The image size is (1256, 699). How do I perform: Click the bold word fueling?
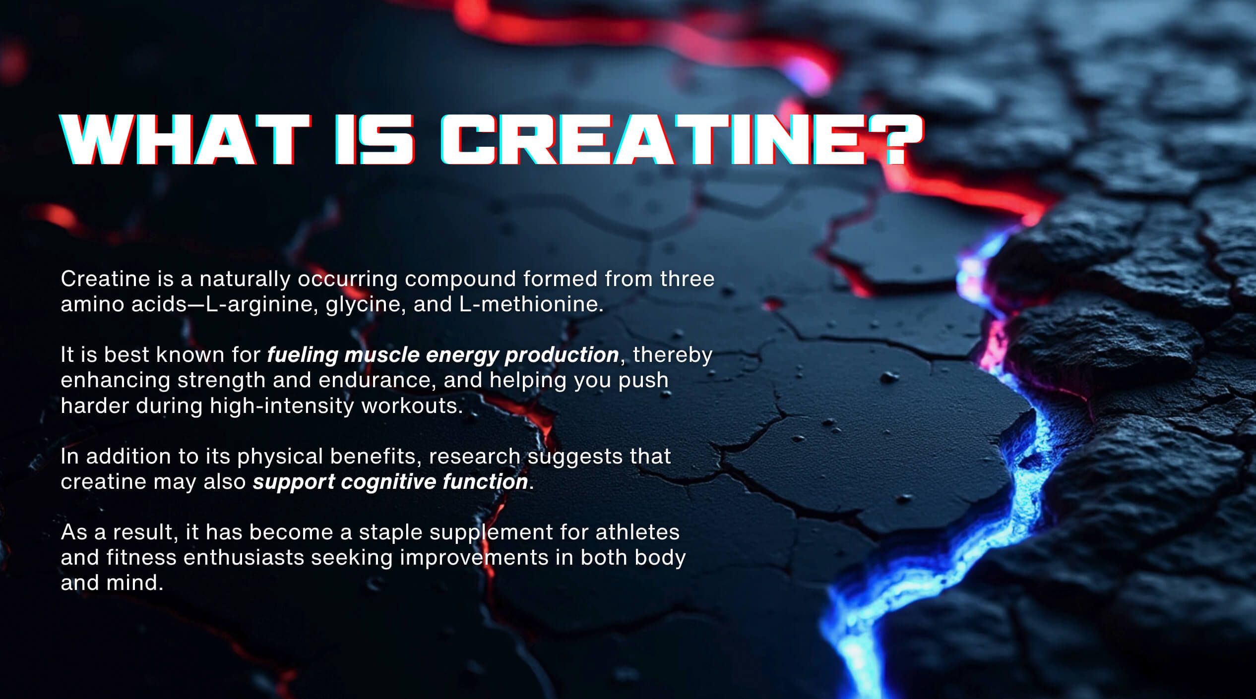[303, 355]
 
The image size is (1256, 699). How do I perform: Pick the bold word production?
[562, 355]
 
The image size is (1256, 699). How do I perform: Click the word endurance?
[375, 380]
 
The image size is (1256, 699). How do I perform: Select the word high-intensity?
[282, 406]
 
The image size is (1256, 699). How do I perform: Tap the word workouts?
[412, 406]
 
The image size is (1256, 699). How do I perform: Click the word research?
[474, 457]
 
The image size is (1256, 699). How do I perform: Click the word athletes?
[637, 532]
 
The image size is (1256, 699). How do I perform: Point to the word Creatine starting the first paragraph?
[105, 279]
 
